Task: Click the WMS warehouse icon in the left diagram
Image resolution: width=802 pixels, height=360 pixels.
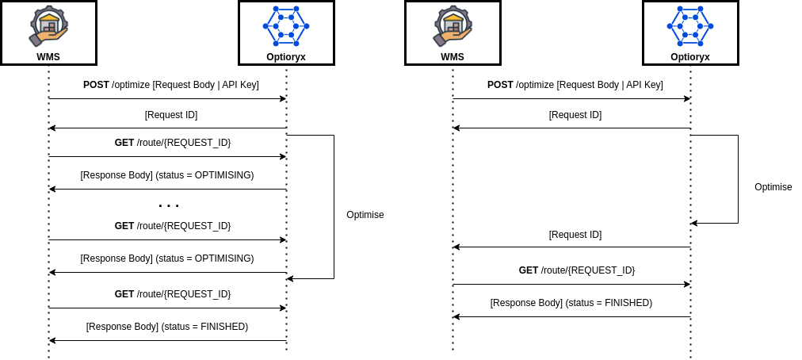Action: click(x=48, y=26)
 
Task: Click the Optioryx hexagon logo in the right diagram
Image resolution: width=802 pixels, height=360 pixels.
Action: click(x=689, y=26)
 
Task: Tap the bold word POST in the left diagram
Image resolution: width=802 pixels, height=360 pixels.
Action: click(x=96, y=85)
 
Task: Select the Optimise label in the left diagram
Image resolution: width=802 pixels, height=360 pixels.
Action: click(x=365, y=215)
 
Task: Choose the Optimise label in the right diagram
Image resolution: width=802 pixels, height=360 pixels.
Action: click(x=773, y=187)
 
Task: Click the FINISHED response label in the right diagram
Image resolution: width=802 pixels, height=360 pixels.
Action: click(x=571, y=303)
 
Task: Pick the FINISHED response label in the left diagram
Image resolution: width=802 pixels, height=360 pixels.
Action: click(x=166, y=327)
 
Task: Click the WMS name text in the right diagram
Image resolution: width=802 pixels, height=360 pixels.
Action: click(x=453, y=57)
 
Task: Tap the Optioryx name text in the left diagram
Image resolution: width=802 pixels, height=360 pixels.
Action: click(x=286, y=57)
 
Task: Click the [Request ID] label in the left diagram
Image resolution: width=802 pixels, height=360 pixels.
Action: click(x=171, y=115)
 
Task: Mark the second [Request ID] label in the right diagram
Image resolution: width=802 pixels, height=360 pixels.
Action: click(x=575, y=235)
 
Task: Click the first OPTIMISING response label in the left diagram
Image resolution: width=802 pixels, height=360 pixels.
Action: click(x=166, y=175)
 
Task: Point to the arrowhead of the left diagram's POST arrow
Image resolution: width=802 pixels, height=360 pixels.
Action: click(x=282, y=99)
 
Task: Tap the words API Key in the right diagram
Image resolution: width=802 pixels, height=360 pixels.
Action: click(x=643, y=85)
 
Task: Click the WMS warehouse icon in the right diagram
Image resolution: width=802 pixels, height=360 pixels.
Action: click(x=453, y=26)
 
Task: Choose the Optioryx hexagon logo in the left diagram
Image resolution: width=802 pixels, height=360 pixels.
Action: click(x=285, y=26)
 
